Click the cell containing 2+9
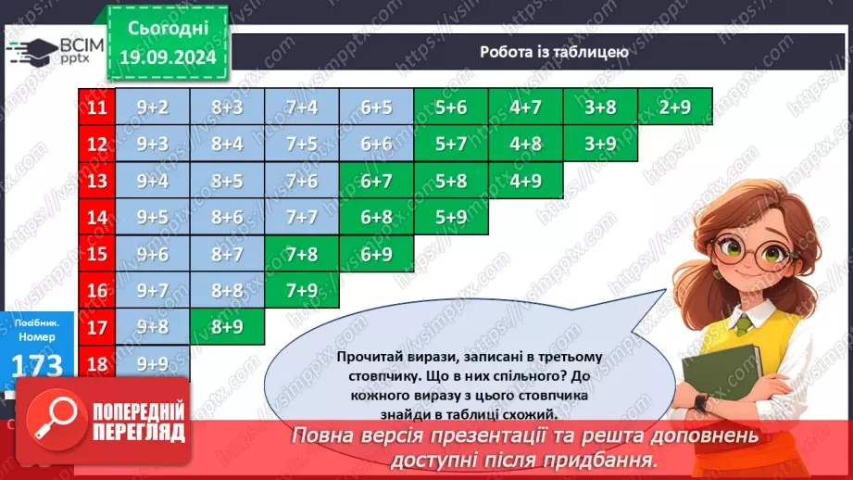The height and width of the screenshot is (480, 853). (x=675, y=107)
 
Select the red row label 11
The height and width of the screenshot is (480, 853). (x=95, y=107)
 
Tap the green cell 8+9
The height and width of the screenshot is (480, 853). (x=227, y=326)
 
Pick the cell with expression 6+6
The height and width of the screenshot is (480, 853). (x=377, y=144)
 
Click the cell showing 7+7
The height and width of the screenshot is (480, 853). (x=302, y=217)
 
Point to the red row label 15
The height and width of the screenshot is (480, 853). (x=95, y=254)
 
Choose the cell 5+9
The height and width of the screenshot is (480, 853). (x=451, y=217)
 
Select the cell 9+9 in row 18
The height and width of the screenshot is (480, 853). (x=152, y=362)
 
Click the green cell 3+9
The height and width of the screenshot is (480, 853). (x=601, y=144)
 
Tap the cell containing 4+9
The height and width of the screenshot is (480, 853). (x=526, y=181)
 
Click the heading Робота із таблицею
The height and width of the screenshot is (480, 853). (x=554, y=52)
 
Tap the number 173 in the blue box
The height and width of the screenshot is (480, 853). (x=37, y=365)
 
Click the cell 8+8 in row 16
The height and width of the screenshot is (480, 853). (x=227, y=290)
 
